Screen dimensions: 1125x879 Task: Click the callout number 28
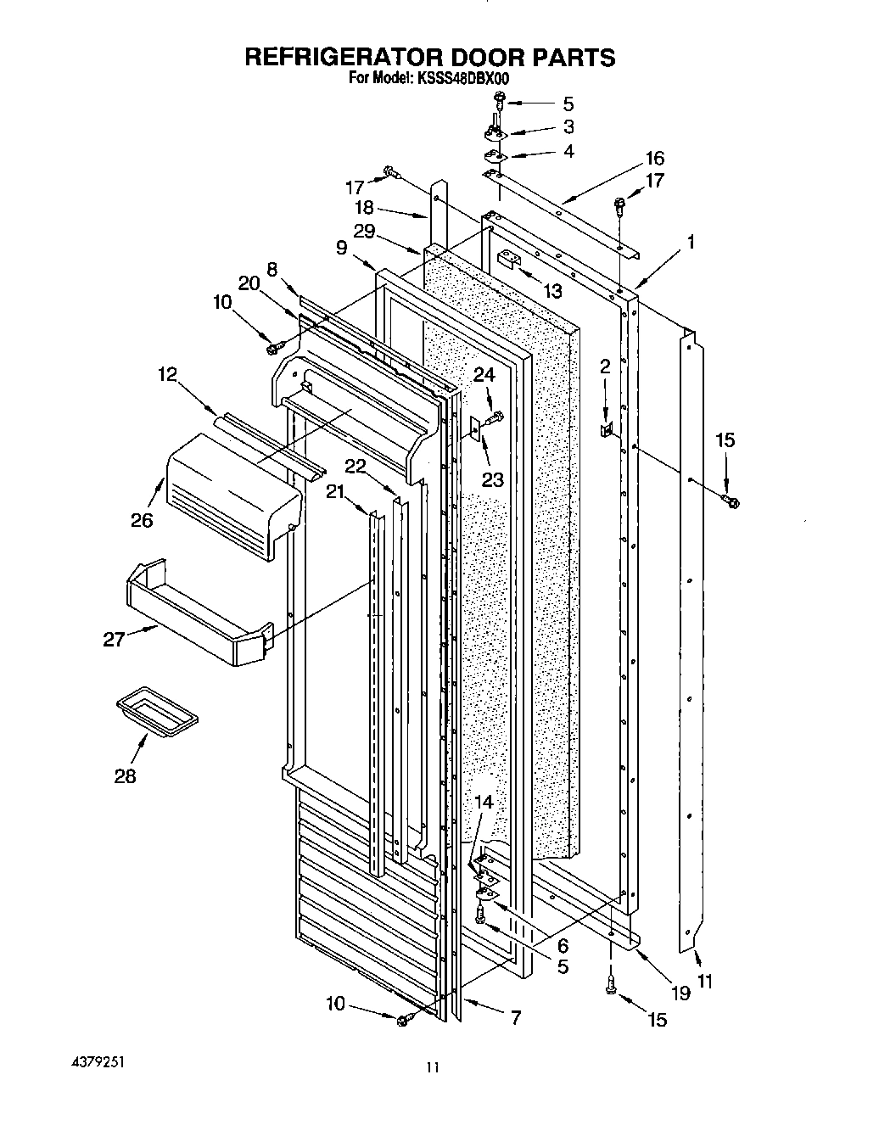[125, 775]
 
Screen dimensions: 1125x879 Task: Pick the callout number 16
[654, 158]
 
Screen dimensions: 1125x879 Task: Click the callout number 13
[552, 291]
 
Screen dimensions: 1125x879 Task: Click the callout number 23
[493, 479]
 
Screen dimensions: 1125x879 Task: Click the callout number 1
[691, 242]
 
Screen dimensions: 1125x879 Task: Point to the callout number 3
[568, 127]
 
